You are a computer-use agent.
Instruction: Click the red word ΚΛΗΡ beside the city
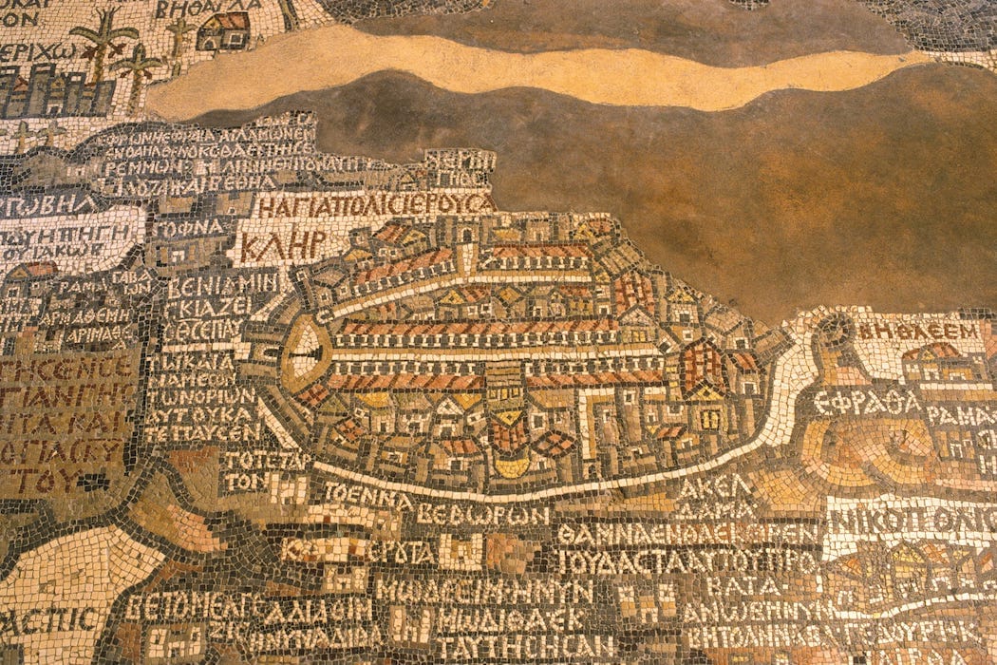[x=282, y=245]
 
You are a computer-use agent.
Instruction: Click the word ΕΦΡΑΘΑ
[x=867, y=402]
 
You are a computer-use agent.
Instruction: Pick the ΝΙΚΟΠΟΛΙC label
[x=907, y=520]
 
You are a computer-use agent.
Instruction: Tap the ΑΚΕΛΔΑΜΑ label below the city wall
[x=714, y=497]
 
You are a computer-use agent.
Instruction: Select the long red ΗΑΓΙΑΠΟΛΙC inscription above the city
[x=375, y=204]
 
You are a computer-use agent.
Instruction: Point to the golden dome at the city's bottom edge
[x=512, y=465]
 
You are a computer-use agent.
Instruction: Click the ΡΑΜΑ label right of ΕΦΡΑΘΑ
[x=959, y=415]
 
